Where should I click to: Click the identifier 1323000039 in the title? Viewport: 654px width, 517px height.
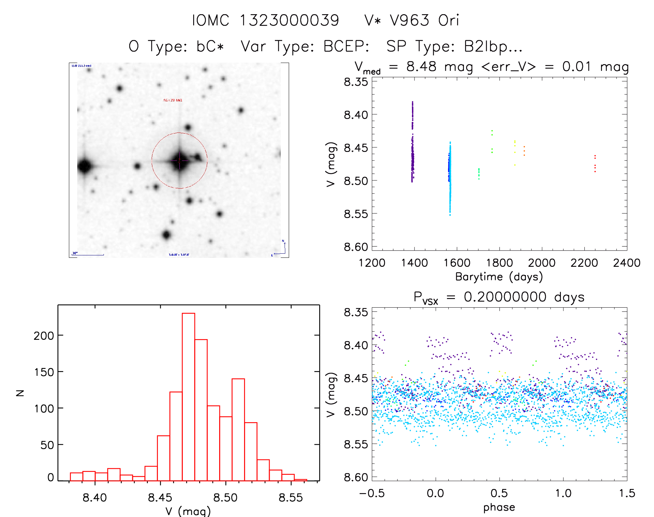(x=289, y=20)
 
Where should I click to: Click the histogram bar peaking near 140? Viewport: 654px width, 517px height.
(x=238, y=429)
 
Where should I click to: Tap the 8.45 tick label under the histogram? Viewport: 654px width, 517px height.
(x=160, y=498)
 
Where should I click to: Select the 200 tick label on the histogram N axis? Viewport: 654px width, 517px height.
(x=44, y=336)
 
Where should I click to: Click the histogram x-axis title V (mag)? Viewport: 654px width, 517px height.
(x=188, y=511)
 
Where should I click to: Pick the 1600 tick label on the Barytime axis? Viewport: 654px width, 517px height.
(x=457, y=263)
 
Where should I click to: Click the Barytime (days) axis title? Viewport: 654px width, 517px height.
(x=499, y=277)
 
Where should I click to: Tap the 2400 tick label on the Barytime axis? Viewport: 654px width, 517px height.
(x=627, y=263)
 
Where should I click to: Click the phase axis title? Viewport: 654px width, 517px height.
(x=499, y=507)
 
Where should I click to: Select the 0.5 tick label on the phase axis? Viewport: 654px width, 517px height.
(x=499, y=493)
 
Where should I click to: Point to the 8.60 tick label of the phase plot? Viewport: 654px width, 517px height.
(x=356, y=477)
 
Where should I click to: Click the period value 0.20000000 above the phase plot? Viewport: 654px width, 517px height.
(x=505, y=297)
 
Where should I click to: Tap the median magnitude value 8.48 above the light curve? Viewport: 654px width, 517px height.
(x=421, y=66)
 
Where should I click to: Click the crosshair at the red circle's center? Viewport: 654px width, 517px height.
(x=179, y=161)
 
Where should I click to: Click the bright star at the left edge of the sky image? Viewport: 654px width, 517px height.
(x=84, y=166)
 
